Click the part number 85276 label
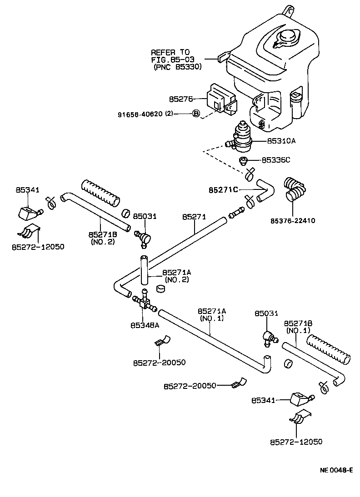[181, 98]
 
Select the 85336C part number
[275, 160]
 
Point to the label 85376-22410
[292, 221]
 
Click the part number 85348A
[145, 325]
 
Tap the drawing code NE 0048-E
[336, 470]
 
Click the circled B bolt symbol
[196, 114]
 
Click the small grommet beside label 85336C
[244, 160]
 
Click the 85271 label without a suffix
[194, 217]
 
